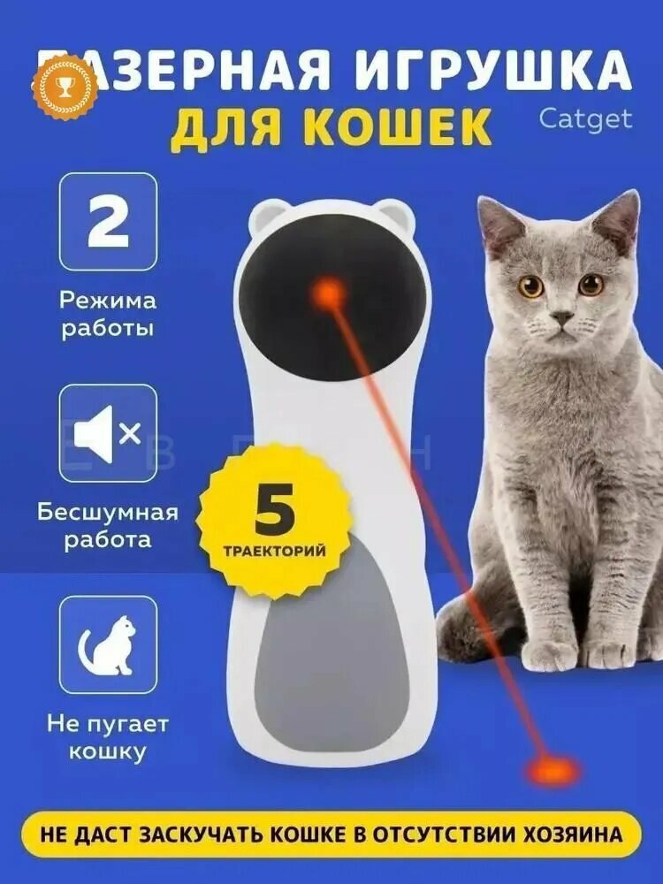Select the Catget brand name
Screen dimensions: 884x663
(x=586, y=118)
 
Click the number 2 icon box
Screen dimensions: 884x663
(x=108, y=221)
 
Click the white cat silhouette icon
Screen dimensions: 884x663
(x=108, y=644)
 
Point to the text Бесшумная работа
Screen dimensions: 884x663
(x=108, y=526)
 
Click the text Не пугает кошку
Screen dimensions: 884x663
(x=108, y=738)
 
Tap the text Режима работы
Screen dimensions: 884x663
(x=108, y=314)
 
